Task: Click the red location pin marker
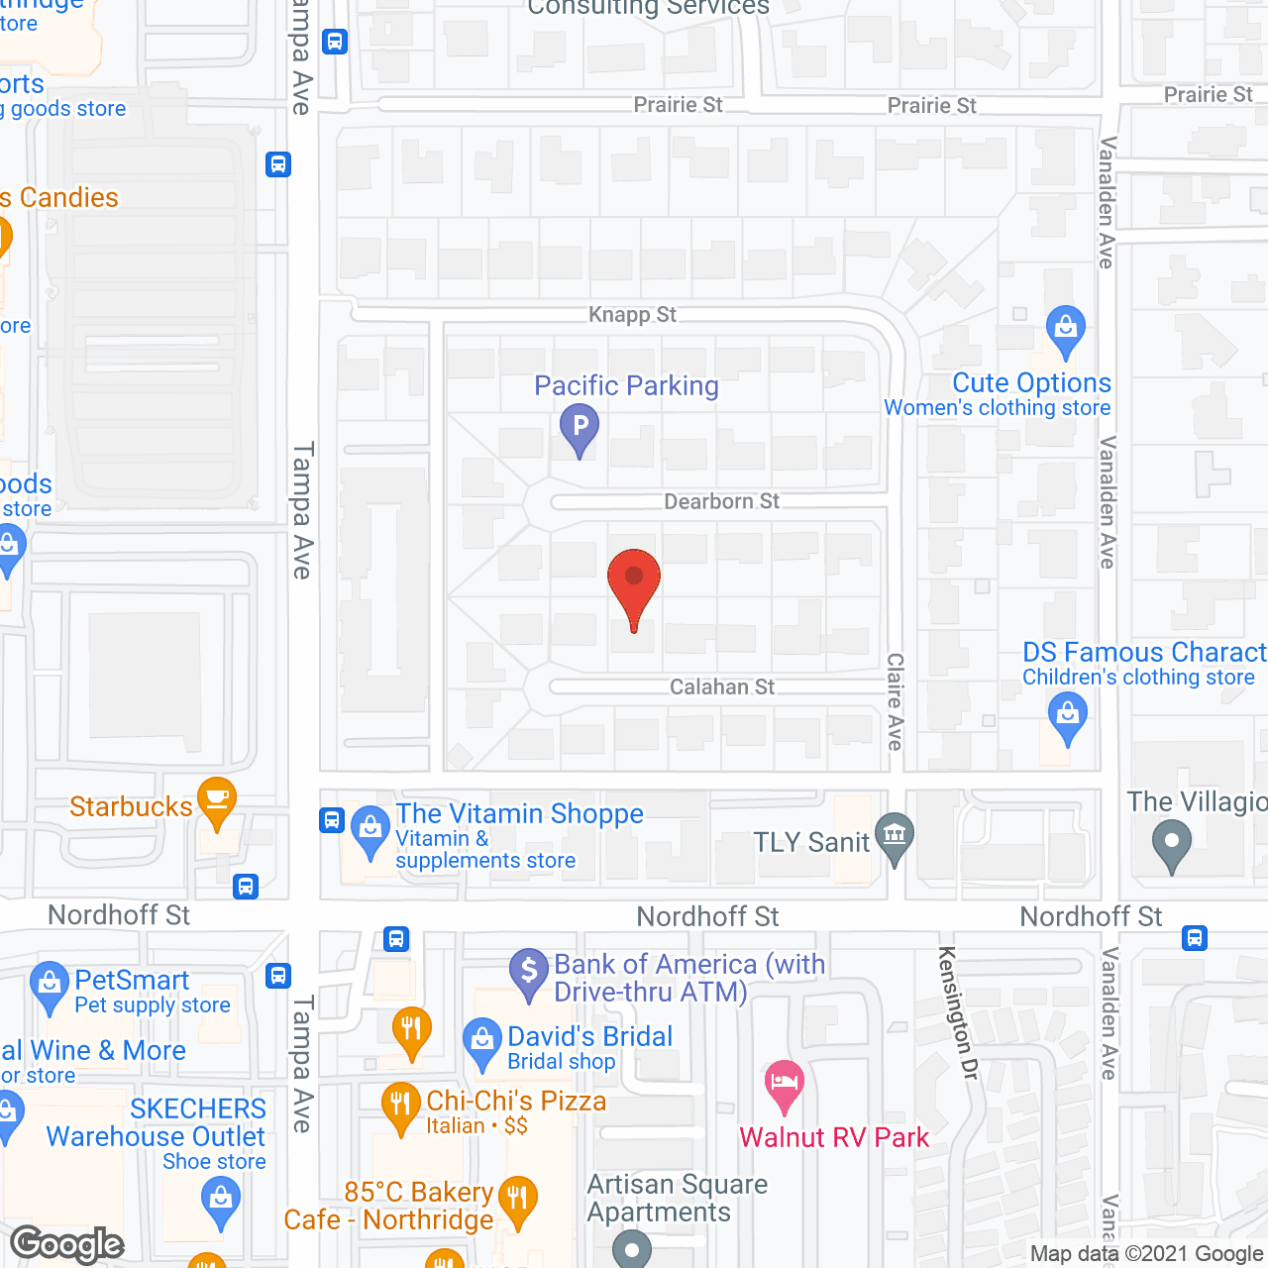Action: pos(634,585)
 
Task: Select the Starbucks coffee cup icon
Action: pos(217,799)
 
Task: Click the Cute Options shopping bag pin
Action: pos(1066,328)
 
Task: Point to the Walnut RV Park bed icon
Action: pos(785,1083)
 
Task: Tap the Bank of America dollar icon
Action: pos(529,971)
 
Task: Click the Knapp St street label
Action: pos(632,314)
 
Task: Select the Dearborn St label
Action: pos(721,501)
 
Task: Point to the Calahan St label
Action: pos(722,687)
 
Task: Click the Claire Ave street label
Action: pos(896,700)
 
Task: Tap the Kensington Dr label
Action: pos(957,1012)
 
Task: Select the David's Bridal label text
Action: pos(589,1036)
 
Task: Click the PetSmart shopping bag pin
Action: pos(49,985)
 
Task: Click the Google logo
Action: pos(67,1244)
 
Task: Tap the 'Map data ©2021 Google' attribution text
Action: pos(1147,1254)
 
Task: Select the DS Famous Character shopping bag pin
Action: pos(1068,715)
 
